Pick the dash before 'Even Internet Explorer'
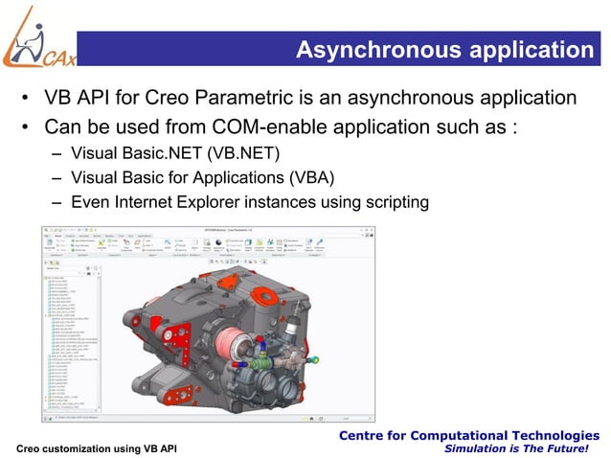58,202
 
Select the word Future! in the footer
576,449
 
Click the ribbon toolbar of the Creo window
192,244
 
